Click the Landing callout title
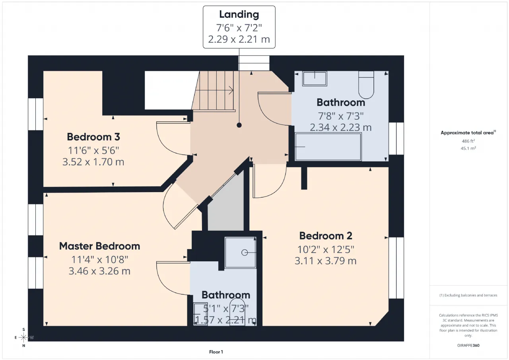pyautogui.click(x=239, y=15)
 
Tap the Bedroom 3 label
pyautogui.click(x=93, y=137)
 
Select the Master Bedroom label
pyautogui.click(x=99, y=246)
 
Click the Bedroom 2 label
pyautogui.click(x=326, y=236)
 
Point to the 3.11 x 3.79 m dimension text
pyautogui.click(x=326, y=261)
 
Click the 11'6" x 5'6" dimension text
pyautogui.click(x=93, y=150)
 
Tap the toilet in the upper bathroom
pyautogui.click(x=366, y=85)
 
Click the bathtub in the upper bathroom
pyautogui.click(x=328, y=147)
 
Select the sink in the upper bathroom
pyautogui.click(x=315, y=79)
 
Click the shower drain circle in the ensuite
pyautogui.click(x=245, y=253)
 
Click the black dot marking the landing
pyautogui.click(x=239, y=125)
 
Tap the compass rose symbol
pyautogui.click(x=23, y=337)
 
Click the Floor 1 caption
pyautogui.click(x=216, y=352)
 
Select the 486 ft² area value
pyautogui.click(x=468, y=141)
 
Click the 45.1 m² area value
pyautogui.click(x=468, y=148)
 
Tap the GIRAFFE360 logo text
pyautogui.click(x=468, y=345)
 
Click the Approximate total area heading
pyautogui.click(x=468, y=133)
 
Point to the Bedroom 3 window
pyautogui.click(x=36, y=114)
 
